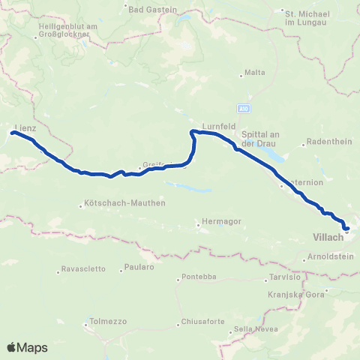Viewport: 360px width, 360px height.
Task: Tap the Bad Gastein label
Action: pos(152,10)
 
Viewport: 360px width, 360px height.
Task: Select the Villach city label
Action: pos(326,237)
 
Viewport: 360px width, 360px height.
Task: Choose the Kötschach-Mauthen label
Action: pos(126,203)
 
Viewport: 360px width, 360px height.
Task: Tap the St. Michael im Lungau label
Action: pos(304,16)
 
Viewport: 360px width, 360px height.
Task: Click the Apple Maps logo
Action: pos(27,347)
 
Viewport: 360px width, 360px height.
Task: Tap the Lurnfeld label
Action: pos(214,126)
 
